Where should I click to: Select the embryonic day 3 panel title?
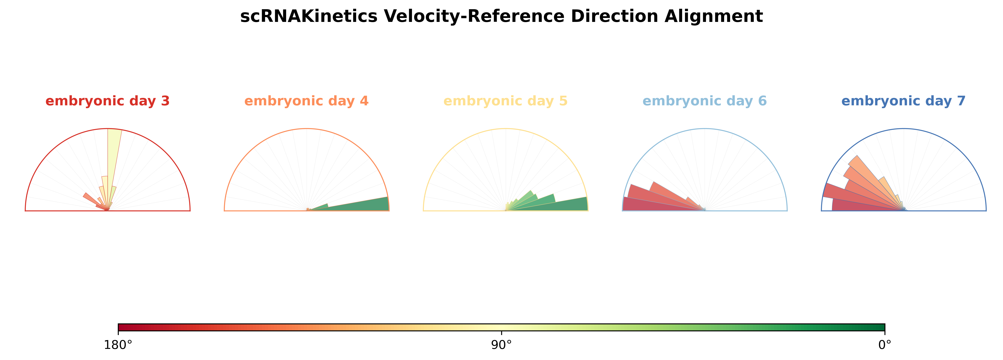[108, 101]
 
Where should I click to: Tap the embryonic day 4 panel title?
[306, 101]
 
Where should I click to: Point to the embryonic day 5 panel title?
[505, 101]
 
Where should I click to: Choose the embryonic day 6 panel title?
[704, 101]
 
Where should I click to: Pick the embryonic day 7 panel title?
[903, 101]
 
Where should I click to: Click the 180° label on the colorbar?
[118, 345]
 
